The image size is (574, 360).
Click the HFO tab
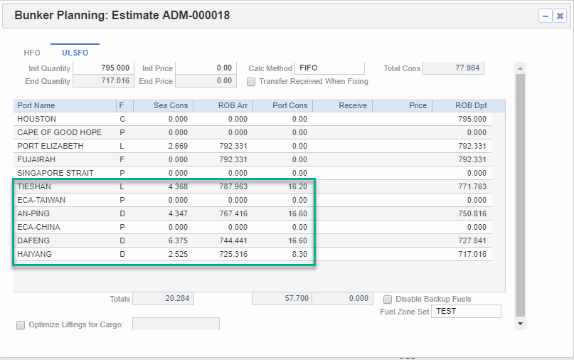pos(32,53)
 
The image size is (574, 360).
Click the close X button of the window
pos(560,16)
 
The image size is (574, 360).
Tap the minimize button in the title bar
pos(546,16)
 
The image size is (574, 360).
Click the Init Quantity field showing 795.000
pos(103,68)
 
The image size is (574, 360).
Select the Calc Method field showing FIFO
pos(329,68)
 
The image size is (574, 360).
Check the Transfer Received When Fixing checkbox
pos(251,82)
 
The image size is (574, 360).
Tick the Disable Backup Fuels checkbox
pos(388,300)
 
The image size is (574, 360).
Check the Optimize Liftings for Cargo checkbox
pos(21,325)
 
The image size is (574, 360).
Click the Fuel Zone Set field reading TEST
pos(466,312)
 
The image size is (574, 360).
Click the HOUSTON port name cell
pos(37,119)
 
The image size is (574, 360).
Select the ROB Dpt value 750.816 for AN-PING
pos(471,213)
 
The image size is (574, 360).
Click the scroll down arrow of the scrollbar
pos(520,323)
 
